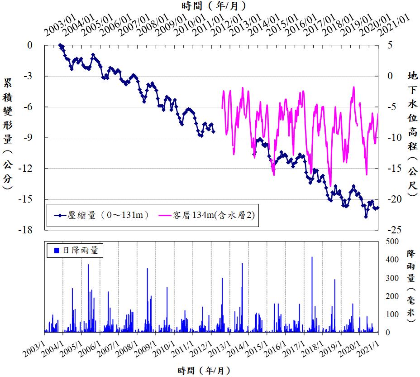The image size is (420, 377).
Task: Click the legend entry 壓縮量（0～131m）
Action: pos(102,216)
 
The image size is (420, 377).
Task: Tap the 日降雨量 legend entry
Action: pos(76,250)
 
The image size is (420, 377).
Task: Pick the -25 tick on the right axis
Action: pos(390,230)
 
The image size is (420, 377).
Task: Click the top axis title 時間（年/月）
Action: pos(215,6)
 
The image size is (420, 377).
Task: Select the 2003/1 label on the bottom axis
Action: pos(34,348)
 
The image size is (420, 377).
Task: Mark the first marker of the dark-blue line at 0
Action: pos(60,45)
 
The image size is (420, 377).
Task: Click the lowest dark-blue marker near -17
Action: pos(366,217)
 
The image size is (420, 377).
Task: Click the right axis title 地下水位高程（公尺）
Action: pos(412,134)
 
